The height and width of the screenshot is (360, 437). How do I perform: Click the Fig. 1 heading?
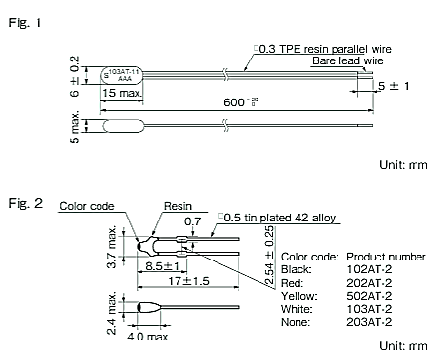point(24,22)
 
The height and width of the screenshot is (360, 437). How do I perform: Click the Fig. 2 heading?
point(25,203)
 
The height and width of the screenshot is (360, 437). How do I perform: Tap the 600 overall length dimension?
point(241,102)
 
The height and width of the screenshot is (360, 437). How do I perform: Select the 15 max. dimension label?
point(123,93)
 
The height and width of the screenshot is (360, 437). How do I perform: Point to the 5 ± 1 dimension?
point(393,86)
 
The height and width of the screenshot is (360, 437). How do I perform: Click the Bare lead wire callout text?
point(348,60)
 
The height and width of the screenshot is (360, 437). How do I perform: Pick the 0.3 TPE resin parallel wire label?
point(323,49)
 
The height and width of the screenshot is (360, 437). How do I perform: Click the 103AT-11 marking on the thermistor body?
point(124,72)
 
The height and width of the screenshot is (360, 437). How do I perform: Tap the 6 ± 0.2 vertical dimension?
point(74,76)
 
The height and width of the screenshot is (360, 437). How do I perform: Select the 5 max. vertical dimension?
point(74,127)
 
